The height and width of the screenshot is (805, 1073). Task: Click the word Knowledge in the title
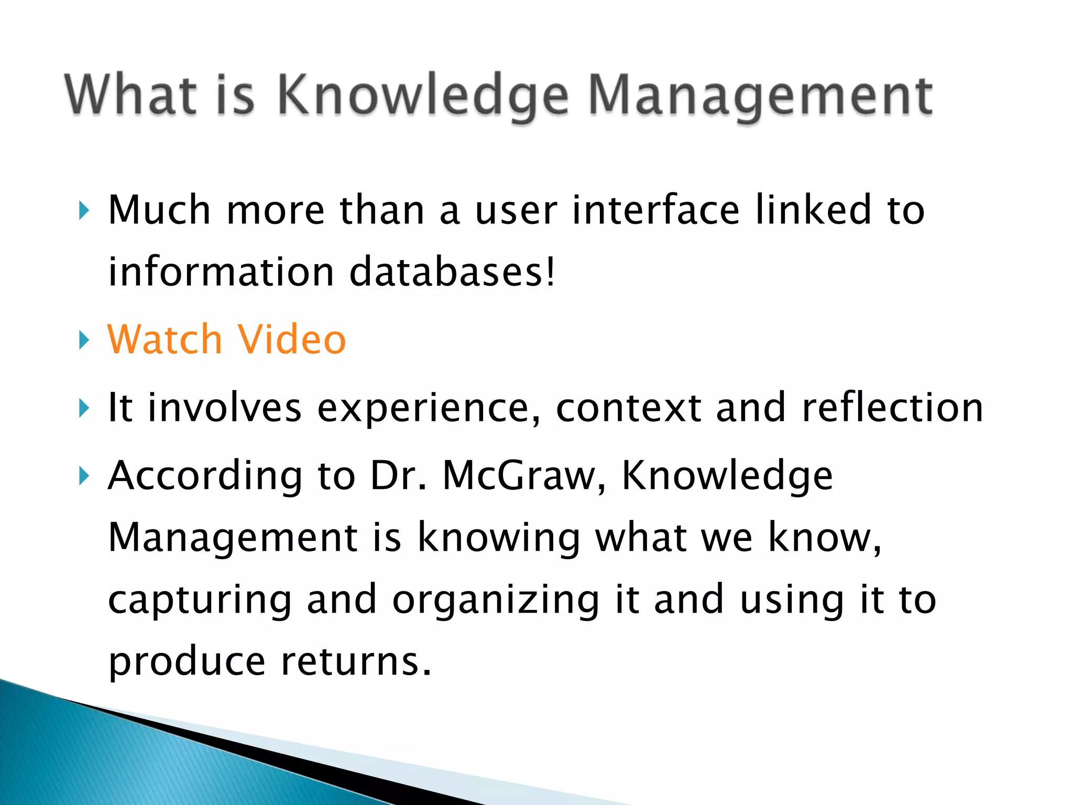pos(422,96)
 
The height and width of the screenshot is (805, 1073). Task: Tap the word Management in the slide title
pos(760,96)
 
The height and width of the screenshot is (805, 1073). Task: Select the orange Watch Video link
pos(226,340)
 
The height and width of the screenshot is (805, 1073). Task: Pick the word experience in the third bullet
pos(429,408)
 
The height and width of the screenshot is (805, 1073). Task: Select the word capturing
pos(200,601)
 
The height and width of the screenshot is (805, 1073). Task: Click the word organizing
pos(496,601)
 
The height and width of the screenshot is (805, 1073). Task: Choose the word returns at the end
pos(356,661)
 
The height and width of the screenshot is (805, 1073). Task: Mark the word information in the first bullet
pos(221,272)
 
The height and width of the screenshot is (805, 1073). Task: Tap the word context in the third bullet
pos(628,408)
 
